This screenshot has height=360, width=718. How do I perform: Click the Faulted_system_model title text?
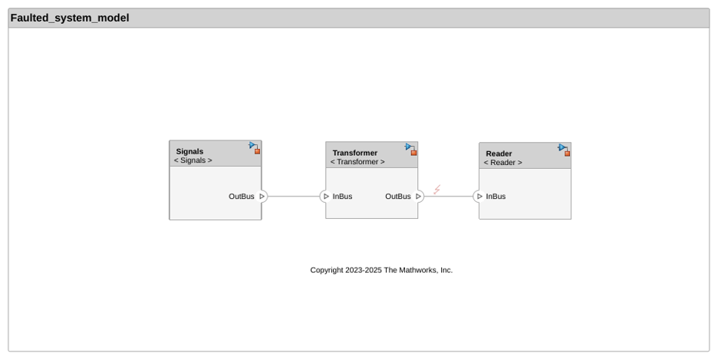click(x=70, y=18)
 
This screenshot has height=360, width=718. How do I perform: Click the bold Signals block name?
click(x=189, y=151)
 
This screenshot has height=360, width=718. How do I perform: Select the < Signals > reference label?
click(x=193, y=160)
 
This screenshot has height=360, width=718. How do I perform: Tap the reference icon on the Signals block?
click(x=255, y=147)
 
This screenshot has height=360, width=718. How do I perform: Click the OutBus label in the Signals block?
click(x=242, y=196)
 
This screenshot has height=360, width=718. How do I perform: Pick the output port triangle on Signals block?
click(x=262, y=196)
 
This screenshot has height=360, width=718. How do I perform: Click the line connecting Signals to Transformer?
click(x=294, y=196)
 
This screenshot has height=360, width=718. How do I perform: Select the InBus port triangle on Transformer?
click(x=326, y=196)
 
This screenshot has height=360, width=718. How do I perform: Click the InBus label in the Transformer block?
click(x=343, y=196)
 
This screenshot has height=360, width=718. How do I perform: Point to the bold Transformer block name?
click(x=355, y=153)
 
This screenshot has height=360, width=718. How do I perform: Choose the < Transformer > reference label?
click(x=357, y=162)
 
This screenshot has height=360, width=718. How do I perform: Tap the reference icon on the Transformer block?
click(x=411, y=150)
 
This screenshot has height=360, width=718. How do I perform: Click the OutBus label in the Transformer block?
click(x=398, y=196)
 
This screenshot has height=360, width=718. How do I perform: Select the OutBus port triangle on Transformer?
click(x=418, y=196)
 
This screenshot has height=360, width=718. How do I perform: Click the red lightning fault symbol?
click(x=436, y=189)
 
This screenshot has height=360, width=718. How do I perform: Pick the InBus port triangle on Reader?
click(x=479, y=196)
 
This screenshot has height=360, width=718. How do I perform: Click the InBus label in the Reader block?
click(x=496, y=196)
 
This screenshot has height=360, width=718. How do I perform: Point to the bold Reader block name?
click(x=499, y=154)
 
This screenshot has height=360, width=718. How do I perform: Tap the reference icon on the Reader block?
click(x=564, y=150)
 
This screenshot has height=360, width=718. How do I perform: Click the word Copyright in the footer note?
click(x=327, y=270)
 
